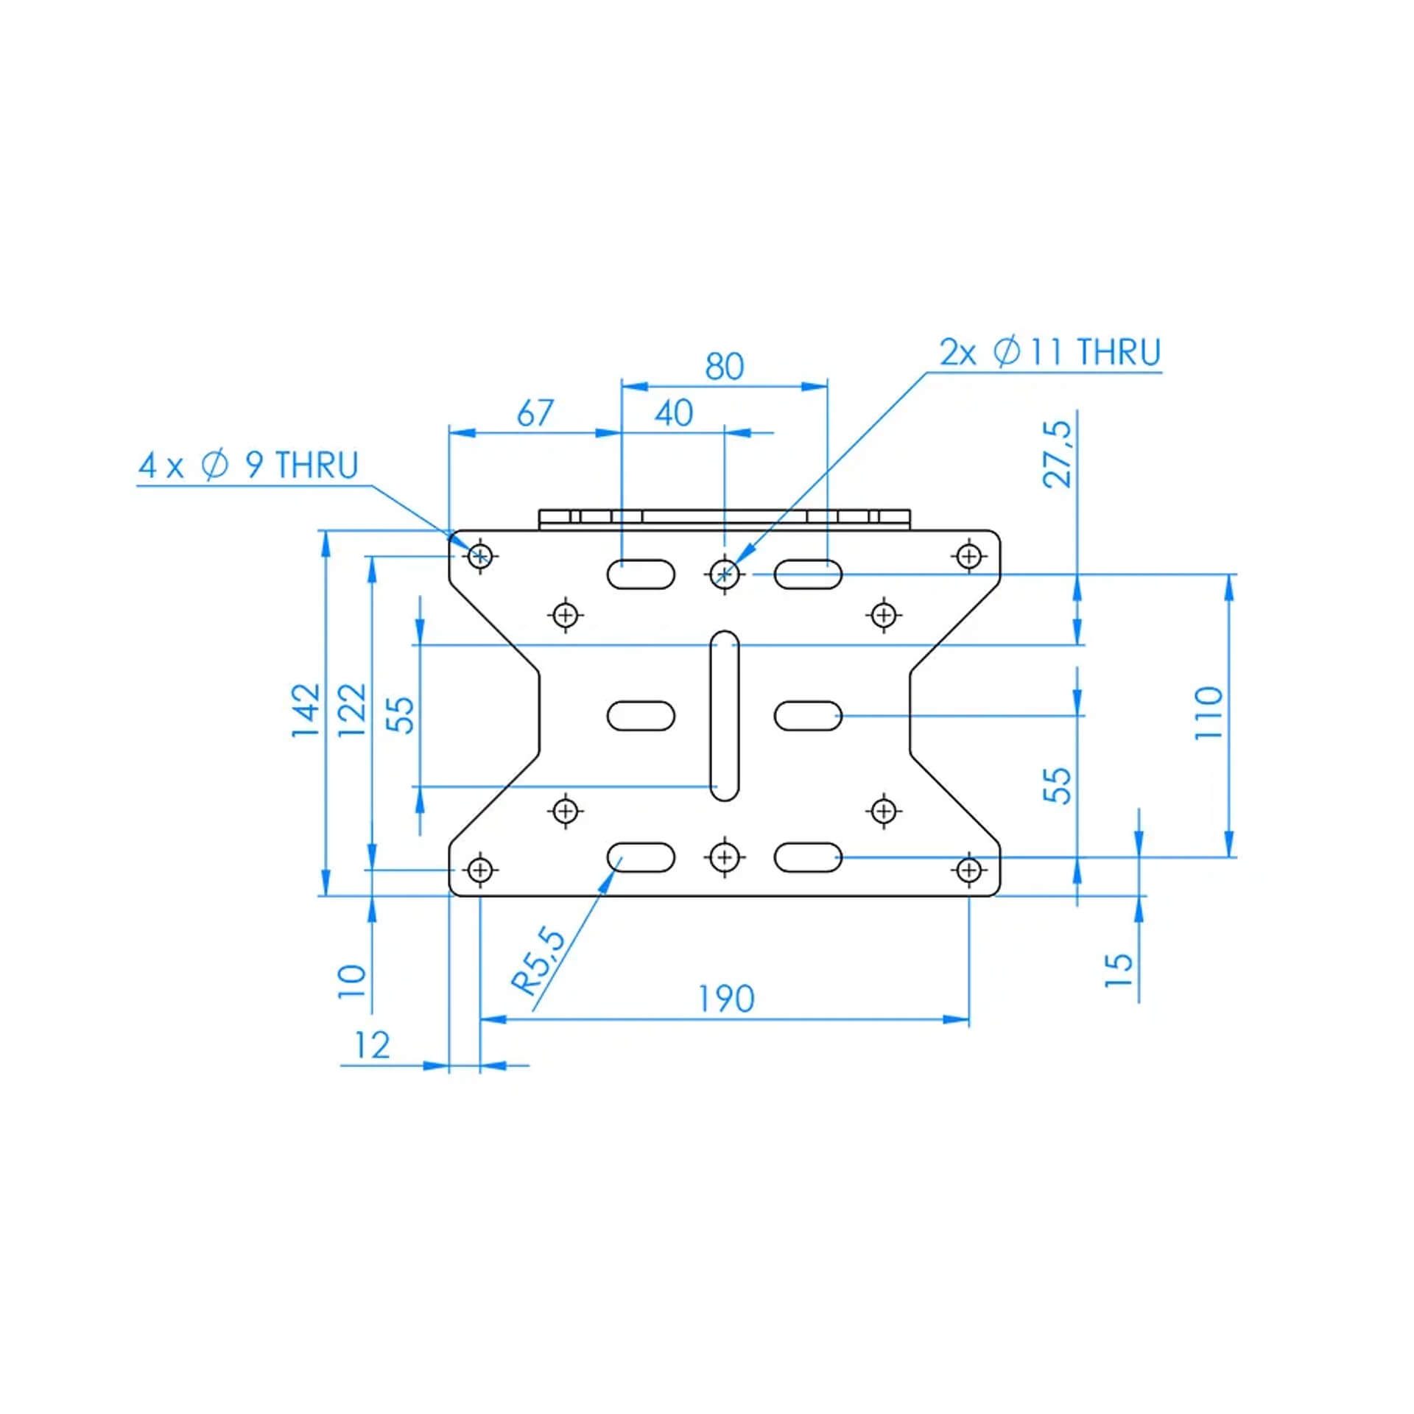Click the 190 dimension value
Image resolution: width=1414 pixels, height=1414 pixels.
pyautogui.click(x=726, y=999)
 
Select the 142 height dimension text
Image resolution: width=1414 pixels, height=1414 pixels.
pyautogui.click(x=306, y=710)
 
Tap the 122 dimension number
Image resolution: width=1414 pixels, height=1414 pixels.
pyautogui.click(x=352, y=710)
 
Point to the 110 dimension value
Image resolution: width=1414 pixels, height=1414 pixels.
pyautogui.click(x=1209, y=713)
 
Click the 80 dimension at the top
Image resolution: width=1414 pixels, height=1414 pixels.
pyautogui.click(x=725, y=366)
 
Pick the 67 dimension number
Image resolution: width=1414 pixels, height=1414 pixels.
pyautogui.click(x=535, y=412)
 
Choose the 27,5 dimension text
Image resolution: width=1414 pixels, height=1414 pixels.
pyautogui.click(x=1058, y=454)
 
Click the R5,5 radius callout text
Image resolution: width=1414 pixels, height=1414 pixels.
pyautogui.click(x=539, y=963)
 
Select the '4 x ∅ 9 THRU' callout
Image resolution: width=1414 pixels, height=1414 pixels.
pyautogui.click(x=248, y=465)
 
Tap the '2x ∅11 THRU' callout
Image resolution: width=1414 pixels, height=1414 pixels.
pyautogui.click(x=1050, y=352)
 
